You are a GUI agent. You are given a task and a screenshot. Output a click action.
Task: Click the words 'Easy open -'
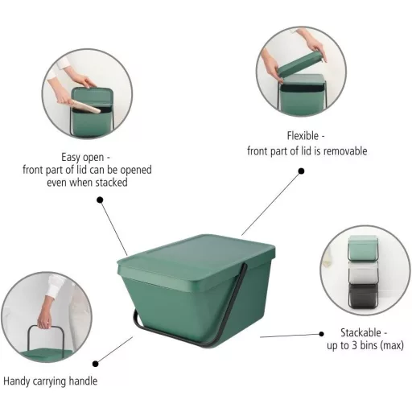pyautogui.click(x=85, y=157)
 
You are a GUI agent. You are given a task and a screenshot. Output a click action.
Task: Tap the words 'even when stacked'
pyautogui.click(x=87, y=183)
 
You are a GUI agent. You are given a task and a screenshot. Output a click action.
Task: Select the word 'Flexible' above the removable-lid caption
pyautogui.click(x=303, y=136)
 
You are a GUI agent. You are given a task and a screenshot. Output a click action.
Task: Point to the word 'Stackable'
pyautogui.click(x=360, y=332)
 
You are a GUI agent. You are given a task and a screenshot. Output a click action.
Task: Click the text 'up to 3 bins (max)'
pyautogui.click(x=365, y=345)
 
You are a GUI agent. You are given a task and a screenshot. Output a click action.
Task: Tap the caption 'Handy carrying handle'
pyautogui.click(x=51, y=381)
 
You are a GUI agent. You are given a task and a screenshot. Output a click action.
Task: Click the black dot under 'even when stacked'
pyautogui.click(x=100, y=200)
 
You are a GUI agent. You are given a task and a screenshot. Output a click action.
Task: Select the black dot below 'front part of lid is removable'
pyautogui.click(x=301, y=171)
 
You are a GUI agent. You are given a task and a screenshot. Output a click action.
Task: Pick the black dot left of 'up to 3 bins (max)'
pyautogui.click(x=321, y=334)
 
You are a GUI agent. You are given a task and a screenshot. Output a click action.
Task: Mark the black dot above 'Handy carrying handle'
pyautogui.click(x=95, y=364)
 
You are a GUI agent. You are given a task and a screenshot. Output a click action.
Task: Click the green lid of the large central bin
pyautogui.click(x=196, y=259)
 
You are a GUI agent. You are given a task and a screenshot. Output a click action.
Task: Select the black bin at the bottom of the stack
pyautogui.click(x=363, y=295)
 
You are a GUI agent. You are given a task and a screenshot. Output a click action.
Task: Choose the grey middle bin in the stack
pyautogui.click(x=363, y=272)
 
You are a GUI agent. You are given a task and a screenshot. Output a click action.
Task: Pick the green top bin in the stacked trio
pyautogui.click(x=363, y=249)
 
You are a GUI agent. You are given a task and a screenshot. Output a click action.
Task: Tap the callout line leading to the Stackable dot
pyautogui.click(x=290, y=336)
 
